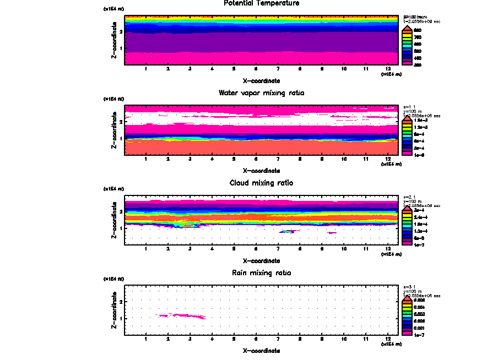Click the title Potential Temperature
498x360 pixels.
[x=262, y=3]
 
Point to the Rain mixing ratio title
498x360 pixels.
[x=262, y=272]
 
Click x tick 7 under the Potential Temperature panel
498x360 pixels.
[x=278, y=69]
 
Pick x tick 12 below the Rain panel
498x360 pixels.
[x=388, y=339]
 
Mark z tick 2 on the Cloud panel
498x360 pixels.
[x=120, y=211]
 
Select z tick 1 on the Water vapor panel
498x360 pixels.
[x=120, y=138]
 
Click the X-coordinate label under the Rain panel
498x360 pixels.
[x=262, y=350]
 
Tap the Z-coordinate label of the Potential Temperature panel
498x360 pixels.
[x=113, y=41]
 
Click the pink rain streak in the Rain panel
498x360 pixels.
[x=182, y=316]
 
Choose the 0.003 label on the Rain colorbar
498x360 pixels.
[x=419, y=314]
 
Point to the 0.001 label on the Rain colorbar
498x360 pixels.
[x=419, y=327]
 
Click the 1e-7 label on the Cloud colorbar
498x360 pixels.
[x=419, y=244]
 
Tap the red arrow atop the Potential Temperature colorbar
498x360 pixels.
[x=407, y=28]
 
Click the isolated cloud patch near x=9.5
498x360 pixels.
[x=332, y=233]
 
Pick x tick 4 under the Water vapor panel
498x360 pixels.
[x=212, y=160]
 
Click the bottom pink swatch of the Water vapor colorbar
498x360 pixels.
[x=407, y=155]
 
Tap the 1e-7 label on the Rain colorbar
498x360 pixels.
[x=419, y=334]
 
